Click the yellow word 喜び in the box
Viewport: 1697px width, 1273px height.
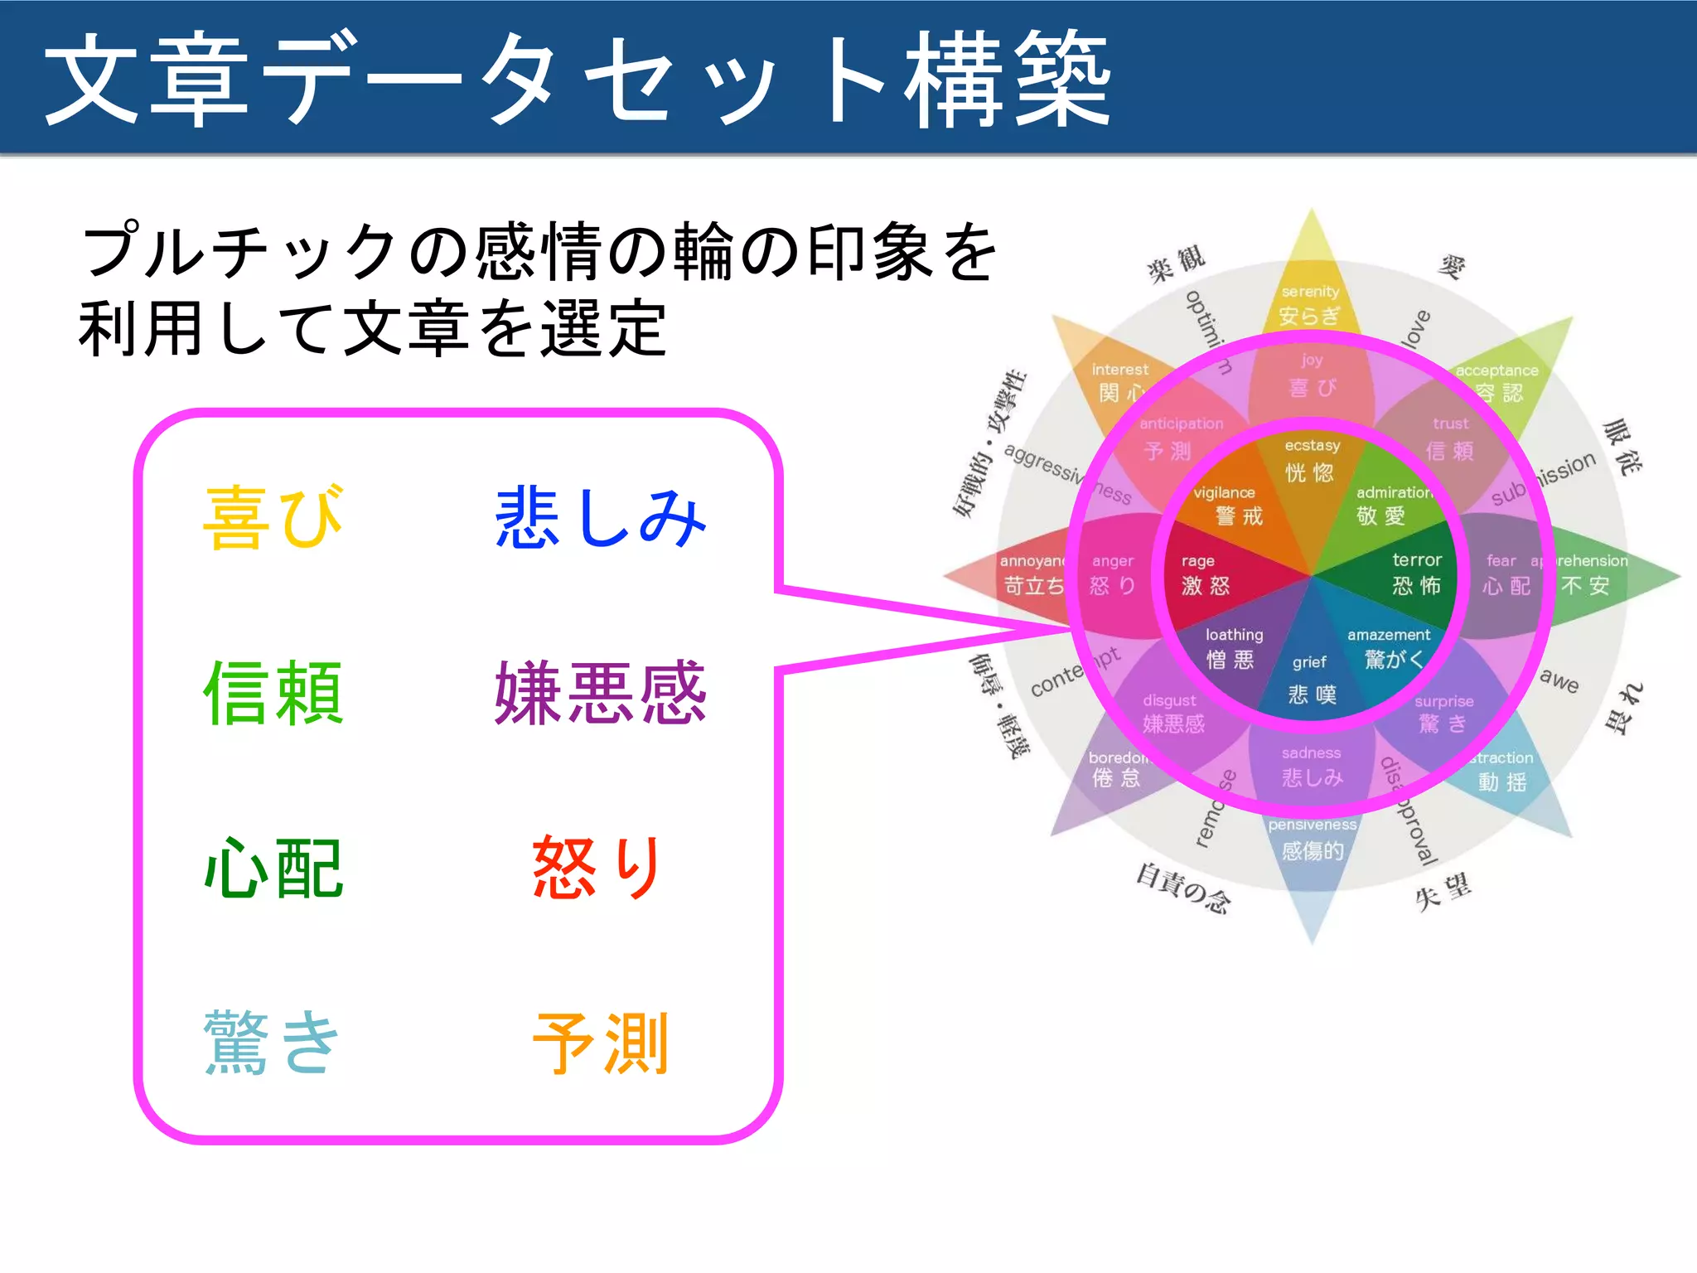tap(273, 518)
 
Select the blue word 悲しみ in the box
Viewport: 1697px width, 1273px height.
tap(600, 518)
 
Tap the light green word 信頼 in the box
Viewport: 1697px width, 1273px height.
tap(273, 693)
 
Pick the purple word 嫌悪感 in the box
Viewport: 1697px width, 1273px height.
tap(600, 693)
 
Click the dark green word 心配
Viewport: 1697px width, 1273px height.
tap(273, 868)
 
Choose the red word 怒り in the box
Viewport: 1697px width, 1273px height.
tap(597, 868)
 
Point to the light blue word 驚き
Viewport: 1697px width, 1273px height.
tap(273, 1043)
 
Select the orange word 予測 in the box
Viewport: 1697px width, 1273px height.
tap(600, 1043)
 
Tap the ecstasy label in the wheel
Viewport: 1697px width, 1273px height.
tap(1312, 446)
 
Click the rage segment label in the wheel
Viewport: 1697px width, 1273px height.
tap(1197, 561)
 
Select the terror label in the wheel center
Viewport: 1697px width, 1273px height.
tap(1417, 560)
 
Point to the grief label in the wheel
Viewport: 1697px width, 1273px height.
tap(1309, 662)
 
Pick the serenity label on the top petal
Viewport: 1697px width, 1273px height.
tap(1310, 292)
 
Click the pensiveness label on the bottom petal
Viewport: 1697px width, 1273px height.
tap(1312, 825)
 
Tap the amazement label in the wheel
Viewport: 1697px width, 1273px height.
tap(1389, 635)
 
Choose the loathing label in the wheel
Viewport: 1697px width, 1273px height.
tap(1234, 635)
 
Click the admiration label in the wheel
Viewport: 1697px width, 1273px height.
tap(1395, 492)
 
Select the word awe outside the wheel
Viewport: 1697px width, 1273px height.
tap(1559, 680)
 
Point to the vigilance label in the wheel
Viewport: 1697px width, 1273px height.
tap(1224, 492)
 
